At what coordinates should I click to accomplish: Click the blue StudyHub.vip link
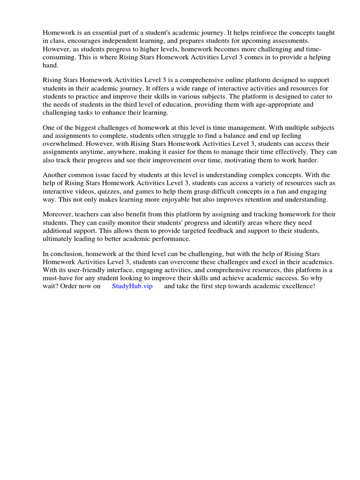click(132, 286)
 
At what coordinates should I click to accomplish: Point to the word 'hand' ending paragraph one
click(51, 66)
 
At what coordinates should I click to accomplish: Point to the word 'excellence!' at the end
click(297, 286)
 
